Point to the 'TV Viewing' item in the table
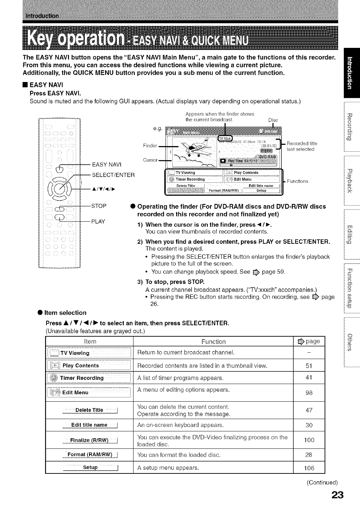75,353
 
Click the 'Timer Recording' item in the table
81,378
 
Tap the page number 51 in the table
309,366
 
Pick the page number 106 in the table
309,468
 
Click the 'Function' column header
213,341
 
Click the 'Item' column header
90,341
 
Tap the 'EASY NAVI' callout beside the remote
106,164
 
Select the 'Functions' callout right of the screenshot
298,181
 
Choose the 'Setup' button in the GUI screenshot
261,191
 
